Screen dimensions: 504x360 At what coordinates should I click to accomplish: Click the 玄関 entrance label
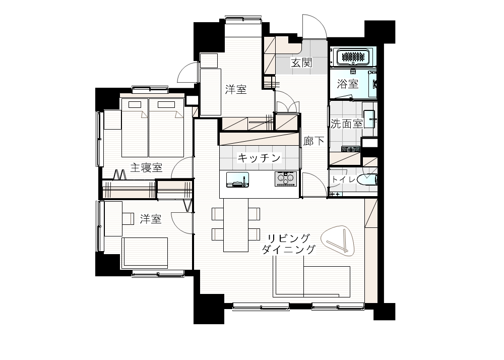click(x=301, y=63)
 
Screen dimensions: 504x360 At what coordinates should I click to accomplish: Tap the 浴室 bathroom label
click(x=348, y=84)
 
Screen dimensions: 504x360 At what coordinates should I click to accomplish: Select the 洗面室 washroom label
click(x=347, y=124)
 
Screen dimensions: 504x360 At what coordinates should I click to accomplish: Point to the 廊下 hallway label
click(x=313, y=141)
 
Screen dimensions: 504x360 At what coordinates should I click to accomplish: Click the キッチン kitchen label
click(x=259, y=157)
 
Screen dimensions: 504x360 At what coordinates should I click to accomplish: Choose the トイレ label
click(x=343, y=179)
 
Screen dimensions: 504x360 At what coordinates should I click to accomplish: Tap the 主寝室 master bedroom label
click(x=146, y=167)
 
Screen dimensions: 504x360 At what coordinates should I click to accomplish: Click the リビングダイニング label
click(x=289, y=244)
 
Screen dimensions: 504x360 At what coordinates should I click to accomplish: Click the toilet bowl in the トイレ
click(x=366, y=179)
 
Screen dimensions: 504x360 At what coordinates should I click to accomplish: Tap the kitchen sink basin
click(x=237, y=179)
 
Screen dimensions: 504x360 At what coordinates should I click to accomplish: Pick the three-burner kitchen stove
click(x=286, y=178)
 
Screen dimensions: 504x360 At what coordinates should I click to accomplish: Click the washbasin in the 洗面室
click(x=370, y=119)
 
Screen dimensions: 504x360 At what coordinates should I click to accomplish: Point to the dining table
click(x=236, y=225)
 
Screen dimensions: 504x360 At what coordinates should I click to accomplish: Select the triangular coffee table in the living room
click(x=339, y=241)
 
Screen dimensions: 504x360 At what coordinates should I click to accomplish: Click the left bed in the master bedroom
click(x=135, y=128)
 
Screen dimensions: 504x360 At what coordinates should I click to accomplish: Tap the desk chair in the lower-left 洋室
click(x=128, y=219)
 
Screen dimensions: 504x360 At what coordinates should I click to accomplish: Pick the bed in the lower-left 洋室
click(x=145, y=253)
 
